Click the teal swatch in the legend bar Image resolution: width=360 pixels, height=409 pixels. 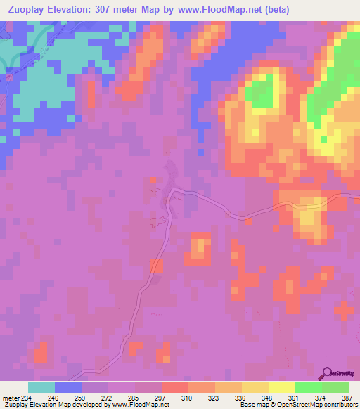tap(41, 387)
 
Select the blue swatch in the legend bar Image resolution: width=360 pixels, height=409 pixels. tap(68, 387)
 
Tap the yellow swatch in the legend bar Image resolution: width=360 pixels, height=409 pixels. tap(281, 387)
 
